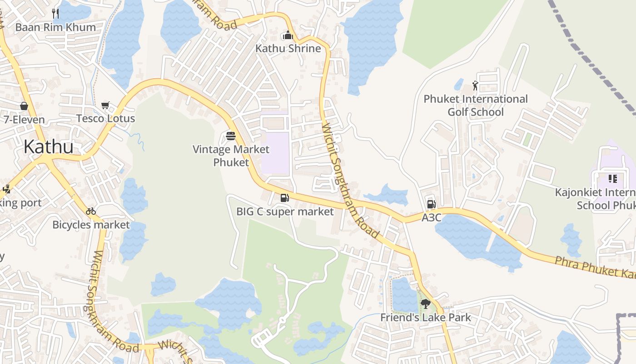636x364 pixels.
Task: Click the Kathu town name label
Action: point(48,147)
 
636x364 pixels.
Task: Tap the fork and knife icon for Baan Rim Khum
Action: point(55,13)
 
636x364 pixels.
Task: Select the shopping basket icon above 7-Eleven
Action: point(24,106)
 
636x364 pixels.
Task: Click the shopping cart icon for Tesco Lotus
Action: point(105,105)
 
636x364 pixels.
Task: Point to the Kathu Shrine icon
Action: point(288,35)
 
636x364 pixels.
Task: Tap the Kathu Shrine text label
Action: point(288,48)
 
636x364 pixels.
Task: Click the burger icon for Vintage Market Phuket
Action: point(231,136)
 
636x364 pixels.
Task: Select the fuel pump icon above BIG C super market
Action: point(284,197)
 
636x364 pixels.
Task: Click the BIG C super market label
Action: point(285,212)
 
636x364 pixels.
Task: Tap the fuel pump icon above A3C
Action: point(431,204)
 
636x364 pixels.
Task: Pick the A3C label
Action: point(431,217)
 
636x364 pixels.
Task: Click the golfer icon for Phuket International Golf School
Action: point(475,86)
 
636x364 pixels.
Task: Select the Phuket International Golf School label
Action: point(476,106)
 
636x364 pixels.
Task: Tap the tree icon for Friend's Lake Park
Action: point(425,304)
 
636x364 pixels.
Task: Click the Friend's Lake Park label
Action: point(426,318)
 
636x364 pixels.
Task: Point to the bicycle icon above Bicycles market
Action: point(91,211)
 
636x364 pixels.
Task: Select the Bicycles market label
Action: point(91,225)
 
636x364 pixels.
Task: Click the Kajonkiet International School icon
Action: point(612,179)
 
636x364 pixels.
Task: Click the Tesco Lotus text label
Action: point(105,119)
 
